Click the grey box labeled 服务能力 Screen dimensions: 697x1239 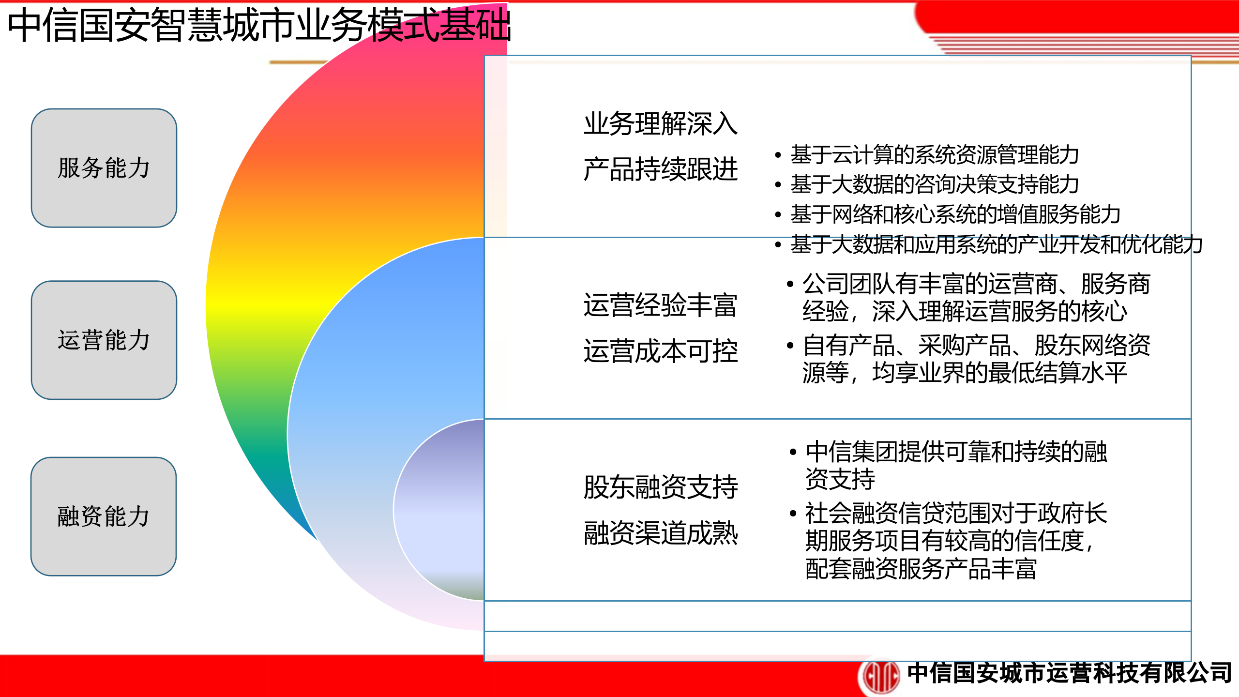coord(104,168)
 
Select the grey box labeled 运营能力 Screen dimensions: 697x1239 coord(104,340)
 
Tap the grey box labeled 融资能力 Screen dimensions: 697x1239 coord(104,516)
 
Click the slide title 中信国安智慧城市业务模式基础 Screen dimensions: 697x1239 coord(259,25)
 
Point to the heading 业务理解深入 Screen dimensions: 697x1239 coord(660,124)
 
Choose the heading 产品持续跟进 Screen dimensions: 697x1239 coord(660,169)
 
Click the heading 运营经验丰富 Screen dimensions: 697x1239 coord(660,305)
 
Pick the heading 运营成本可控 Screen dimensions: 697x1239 coord(660,351)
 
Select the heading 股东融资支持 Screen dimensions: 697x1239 coord(660,487)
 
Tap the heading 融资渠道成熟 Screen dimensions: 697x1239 coord(660,533)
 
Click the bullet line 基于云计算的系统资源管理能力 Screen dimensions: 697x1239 coord(934,155)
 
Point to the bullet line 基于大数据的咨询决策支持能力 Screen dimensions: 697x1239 coord(934,184)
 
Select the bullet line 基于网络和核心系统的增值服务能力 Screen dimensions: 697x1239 coord(955,214)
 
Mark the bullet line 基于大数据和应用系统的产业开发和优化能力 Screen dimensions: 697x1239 coord(996,244)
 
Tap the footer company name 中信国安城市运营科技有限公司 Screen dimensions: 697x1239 coord(1070,673)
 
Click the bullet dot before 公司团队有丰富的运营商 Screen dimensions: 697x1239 coord(790,284)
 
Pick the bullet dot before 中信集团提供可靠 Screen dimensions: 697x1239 coord(793,452)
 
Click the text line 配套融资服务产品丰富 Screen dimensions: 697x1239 coord(921,569)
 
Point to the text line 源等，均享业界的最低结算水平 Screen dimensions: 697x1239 coord(964,373)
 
